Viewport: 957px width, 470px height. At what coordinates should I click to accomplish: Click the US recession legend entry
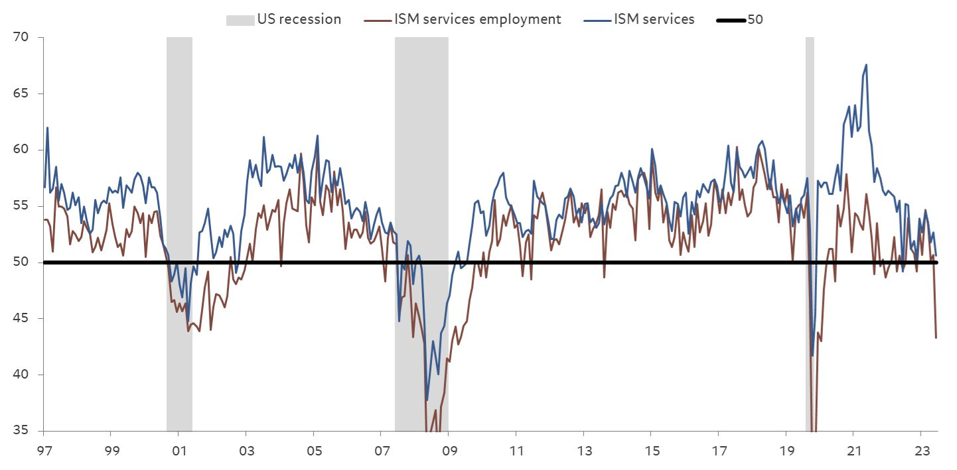pos(284,19)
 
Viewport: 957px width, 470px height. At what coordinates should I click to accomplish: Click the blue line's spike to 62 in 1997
pos(47,127)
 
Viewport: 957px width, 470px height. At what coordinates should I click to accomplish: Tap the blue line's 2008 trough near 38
pos(427,400)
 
